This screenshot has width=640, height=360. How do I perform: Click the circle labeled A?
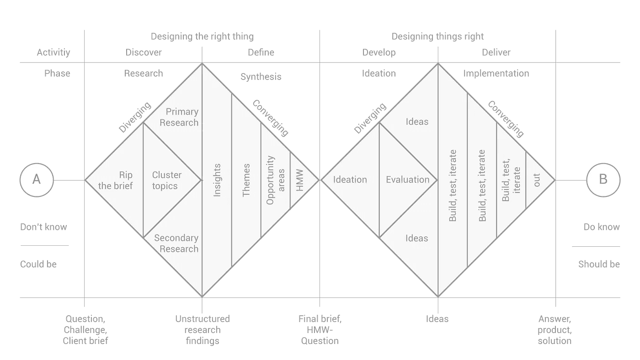coord(37,180)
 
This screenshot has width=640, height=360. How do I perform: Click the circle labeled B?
coord(603,180)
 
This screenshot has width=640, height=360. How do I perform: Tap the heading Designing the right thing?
coord(202,37)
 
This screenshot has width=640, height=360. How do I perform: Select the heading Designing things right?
coord(437,37)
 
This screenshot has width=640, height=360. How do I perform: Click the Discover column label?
coord(144,53)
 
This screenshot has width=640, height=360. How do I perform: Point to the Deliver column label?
coord(496,53)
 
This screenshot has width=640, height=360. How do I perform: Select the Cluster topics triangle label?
coord(167,180)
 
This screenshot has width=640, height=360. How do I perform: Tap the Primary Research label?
coord(179,117)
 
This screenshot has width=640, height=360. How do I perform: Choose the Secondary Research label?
coord(176,244)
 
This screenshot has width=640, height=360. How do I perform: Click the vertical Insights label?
coord(217,180)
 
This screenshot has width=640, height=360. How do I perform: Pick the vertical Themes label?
coord(246,180)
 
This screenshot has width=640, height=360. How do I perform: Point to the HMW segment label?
coord(300,181)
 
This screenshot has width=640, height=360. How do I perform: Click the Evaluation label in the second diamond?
coord(407,180)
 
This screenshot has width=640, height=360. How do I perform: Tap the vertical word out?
coord(537,180)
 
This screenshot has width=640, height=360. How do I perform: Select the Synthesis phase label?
coord(261,77)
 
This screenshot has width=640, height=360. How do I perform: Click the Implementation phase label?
coord(496,74)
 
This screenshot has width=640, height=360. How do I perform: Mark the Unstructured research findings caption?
coord(202,330)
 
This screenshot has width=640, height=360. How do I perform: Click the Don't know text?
coord(43,227)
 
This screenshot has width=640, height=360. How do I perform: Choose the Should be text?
coord(599,265)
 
